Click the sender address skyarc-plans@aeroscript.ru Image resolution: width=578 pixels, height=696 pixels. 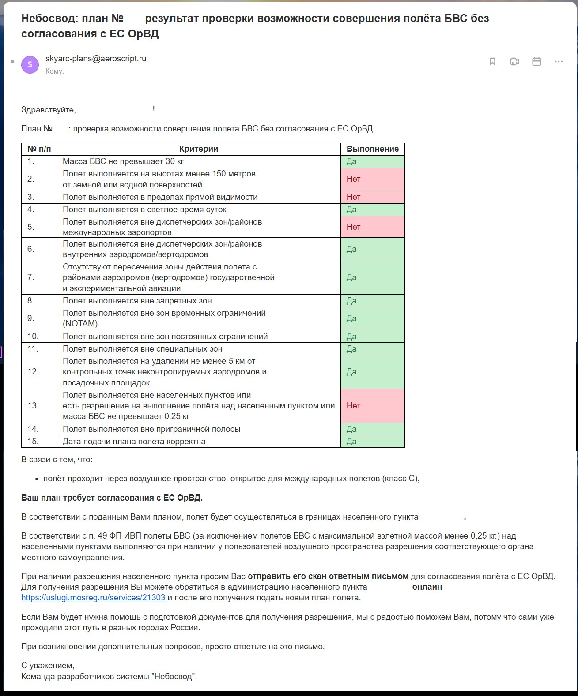coord(95,59)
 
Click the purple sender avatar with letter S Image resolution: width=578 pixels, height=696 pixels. coord(30,64)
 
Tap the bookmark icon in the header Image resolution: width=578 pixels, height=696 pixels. coord(492,62)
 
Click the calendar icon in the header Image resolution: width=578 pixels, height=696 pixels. coord(536,62)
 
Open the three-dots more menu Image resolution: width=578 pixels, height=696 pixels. coord(559,62)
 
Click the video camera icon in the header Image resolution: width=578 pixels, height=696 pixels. coord(514,62)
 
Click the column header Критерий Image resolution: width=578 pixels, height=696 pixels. coord(199,149)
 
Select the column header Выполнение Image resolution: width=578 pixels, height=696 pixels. coord(372,149)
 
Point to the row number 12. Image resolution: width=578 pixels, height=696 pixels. coord(33,372)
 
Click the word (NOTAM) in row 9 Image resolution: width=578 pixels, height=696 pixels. coord(80,324)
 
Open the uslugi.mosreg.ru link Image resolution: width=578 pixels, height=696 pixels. coord(93,598)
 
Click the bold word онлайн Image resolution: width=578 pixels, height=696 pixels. coord(427,587)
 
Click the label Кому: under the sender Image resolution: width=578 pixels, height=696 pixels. coord(54,71)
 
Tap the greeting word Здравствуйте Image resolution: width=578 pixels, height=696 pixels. coord(48,110)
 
